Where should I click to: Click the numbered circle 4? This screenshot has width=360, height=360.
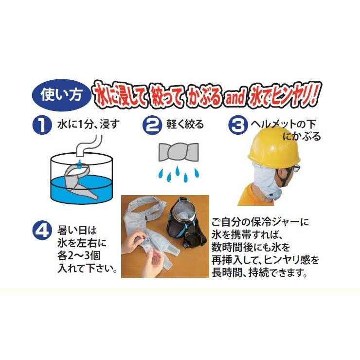pyautogui.click(x=43, y=230)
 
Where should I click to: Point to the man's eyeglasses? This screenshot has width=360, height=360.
pyautogui.click(x=295, y=168)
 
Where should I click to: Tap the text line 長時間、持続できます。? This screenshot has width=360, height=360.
pyautogui.click(x=259, y=273)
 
